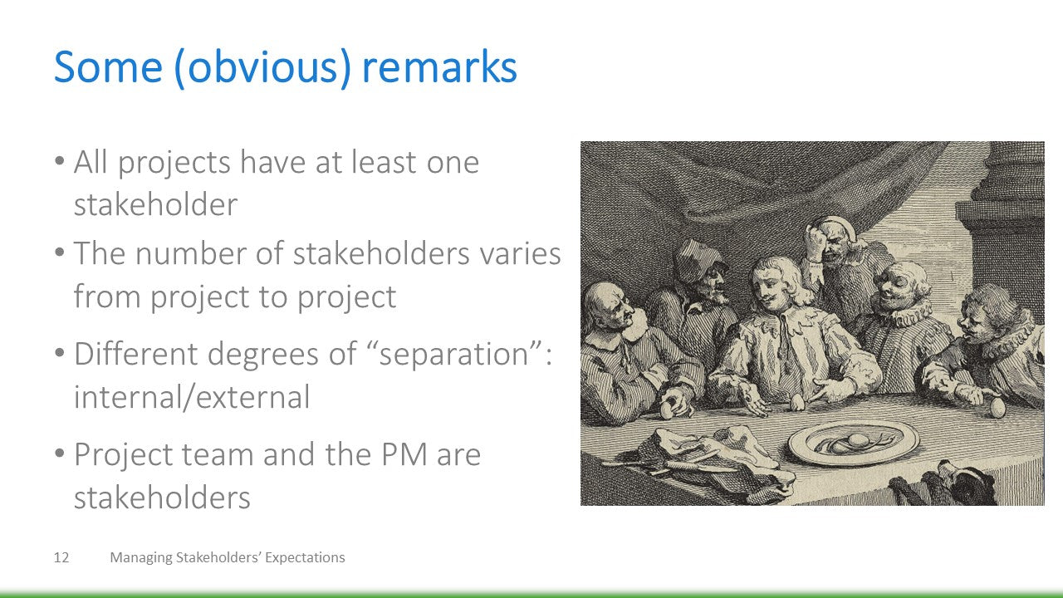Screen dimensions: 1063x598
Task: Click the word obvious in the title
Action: (x=263, y=67)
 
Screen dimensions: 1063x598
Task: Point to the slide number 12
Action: (x=61, y=557)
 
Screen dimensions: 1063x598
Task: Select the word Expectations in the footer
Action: (x=305, y=557)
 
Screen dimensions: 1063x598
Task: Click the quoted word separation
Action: (x=453, y=354)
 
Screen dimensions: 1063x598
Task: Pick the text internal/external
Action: (x=192, y=397)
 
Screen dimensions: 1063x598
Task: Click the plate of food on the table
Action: (x=854, y=443)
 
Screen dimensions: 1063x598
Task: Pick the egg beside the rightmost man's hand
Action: (x=997, y=408)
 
